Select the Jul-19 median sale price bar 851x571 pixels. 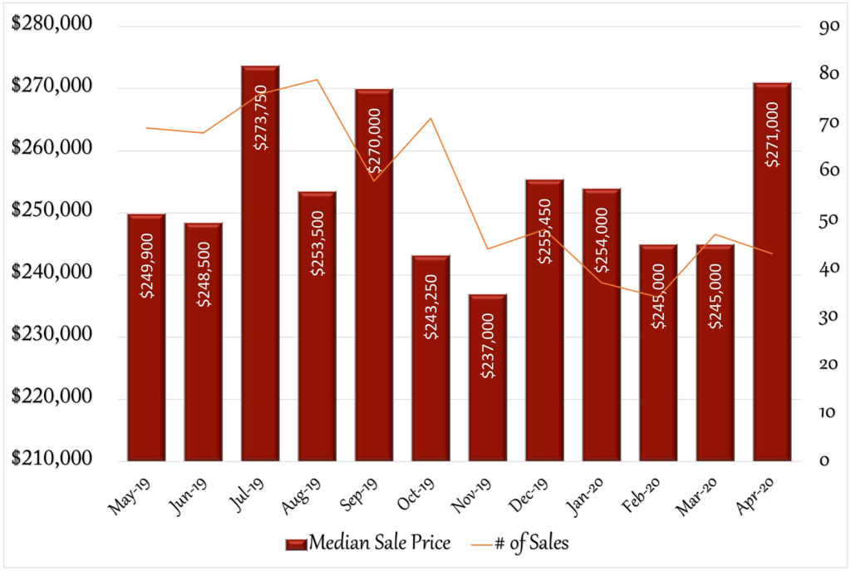[x=260, y=263]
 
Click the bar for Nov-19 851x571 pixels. [x=488, y=378]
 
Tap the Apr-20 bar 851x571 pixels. [x=772, y=272]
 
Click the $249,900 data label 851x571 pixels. [x=146, y=266]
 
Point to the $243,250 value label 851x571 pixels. [x=431, y=308]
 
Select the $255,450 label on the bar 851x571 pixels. [x=544, y=231]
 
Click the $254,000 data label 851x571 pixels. [x=602, y=240]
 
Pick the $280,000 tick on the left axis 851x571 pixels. [x=52, y=23]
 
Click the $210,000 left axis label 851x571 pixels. [x=52, y=458]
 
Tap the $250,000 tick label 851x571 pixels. [x=52, y=209]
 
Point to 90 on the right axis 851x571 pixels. [x=829, y=26]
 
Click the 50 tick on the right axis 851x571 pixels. [x=829, y=219]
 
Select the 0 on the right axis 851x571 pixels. [x=824, y=460]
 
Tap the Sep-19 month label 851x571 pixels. [x=358, y=495]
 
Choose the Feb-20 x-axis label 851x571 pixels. [x=641, y=495]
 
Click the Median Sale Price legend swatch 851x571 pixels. [x=297, y=544]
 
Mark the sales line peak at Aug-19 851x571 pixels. [x=317, y=80]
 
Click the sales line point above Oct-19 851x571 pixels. [x=431, y=118]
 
